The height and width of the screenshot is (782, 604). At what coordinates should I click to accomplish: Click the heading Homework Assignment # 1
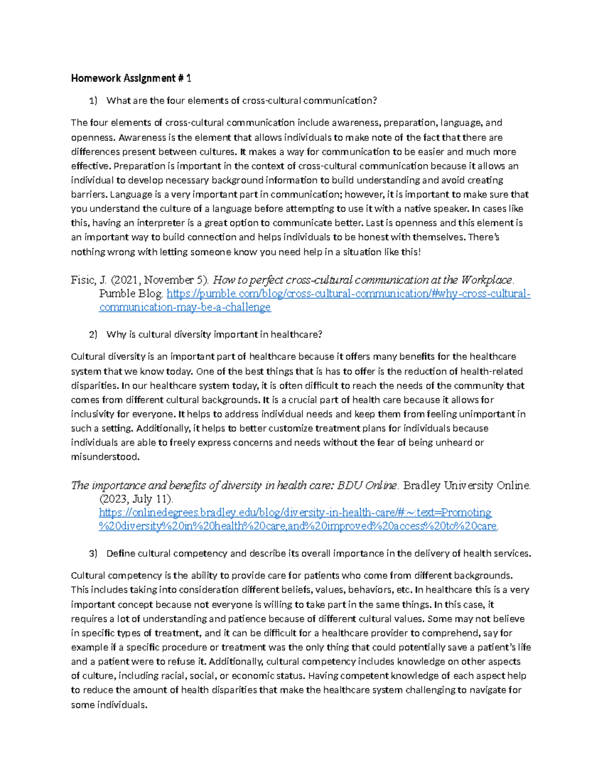tap(131, 78)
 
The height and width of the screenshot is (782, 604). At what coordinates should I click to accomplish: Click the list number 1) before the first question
tap(93, 101)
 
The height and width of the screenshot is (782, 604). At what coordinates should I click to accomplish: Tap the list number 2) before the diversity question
tap(93, 334)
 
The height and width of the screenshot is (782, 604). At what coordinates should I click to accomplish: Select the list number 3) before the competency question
tap(93, 553)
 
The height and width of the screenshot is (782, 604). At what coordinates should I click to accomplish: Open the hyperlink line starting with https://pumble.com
tap(348, 294)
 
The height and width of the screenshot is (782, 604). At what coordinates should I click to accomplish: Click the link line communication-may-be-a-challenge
tap(185, 307)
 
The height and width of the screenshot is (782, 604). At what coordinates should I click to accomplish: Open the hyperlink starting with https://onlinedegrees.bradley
tap(295, 513)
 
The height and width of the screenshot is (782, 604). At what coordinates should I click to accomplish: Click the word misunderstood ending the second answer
tap(105, 457)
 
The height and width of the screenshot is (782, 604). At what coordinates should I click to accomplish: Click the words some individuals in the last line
tap(109, 704)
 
